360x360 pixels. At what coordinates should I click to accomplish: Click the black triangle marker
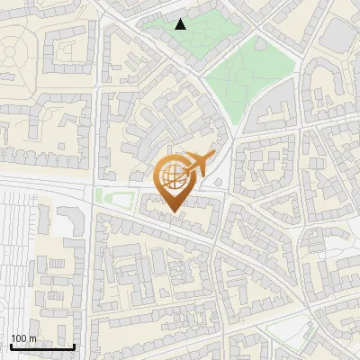(x=181, y=24)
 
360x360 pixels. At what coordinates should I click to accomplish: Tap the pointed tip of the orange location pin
(x=173, y=213)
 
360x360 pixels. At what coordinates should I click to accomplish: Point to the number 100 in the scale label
(x=20, y=338)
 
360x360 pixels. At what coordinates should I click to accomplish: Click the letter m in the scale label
(x=32, y=338)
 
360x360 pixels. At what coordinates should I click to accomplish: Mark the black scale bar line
(x=41, y=346)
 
